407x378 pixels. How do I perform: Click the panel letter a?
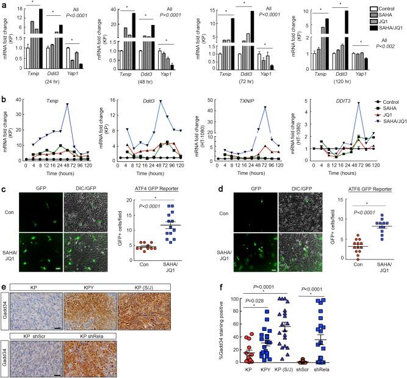pos(5,5)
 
